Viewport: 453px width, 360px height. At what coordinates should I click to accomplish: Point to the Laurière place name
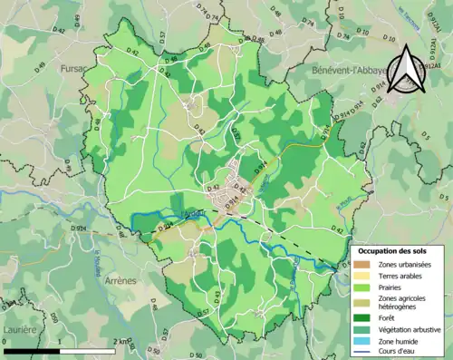pos(19,329)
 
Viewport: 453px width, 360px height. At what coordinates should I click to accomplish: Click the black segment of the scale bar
pos(34,350)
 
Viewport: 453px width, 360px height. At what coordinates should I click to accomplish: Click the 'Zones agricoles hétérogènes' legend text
pos(406,303)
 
